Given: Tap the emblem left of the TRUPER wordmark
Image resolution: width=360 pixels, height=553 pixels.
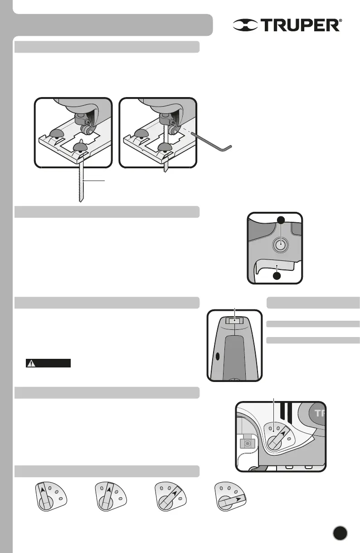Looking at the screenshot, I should [x=246, y=25].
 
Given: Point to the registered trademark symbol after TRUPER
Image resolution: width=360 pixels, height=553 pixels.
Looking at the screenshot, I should [x=341, y=21].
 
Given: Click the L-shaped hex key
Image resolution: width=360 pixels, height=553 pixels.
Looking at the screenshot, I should [x=213, y=141].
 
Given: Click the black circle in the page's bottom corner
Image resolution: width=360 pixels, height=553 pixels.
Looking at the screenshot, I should [x=340, y=533].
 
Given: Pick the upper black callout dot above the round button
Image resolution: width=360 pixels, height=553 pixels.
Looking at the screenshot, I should [x=281, y=220].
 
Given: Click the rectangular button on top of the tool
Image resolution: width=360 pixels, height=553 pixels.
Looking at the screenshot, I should [x=234, y=321].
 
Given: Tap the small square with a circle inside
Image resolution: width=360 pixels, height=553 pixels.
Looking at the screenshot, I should [x=247, y=441].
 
